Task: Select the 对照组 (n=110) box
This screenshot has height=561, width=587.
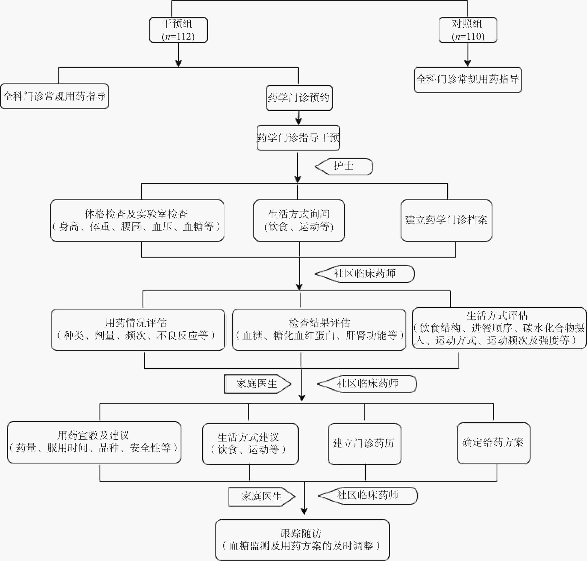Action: click(468, 30)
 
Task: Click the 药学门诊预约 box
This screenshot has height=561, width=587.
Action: click(299, 98)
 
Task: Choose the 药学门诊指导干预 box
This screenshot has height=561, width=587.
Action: click(298, 138)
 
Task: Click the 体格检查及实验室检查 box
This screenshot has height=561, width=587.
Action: click(137, 220)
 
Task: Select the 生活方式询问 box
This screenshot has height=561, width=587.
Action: click(299, 220)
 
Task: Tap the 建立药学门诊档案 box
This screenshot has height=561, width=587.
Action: click(446, 220)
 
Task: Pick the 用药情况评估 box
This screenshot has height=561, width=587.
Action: click(138, 330)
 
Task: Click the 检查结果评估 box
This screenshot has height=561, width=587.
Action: click(319, 330)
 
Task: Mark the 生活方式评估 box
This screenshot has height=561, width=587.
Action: click(499, 328)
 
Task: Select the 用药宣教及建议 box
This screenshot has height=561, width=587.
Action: click(94, 442)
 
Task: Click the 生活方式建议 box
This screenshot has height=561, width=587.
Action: click(250, 444)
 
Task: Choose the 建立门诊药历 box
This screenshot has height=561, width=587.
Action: click(364, 444)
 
